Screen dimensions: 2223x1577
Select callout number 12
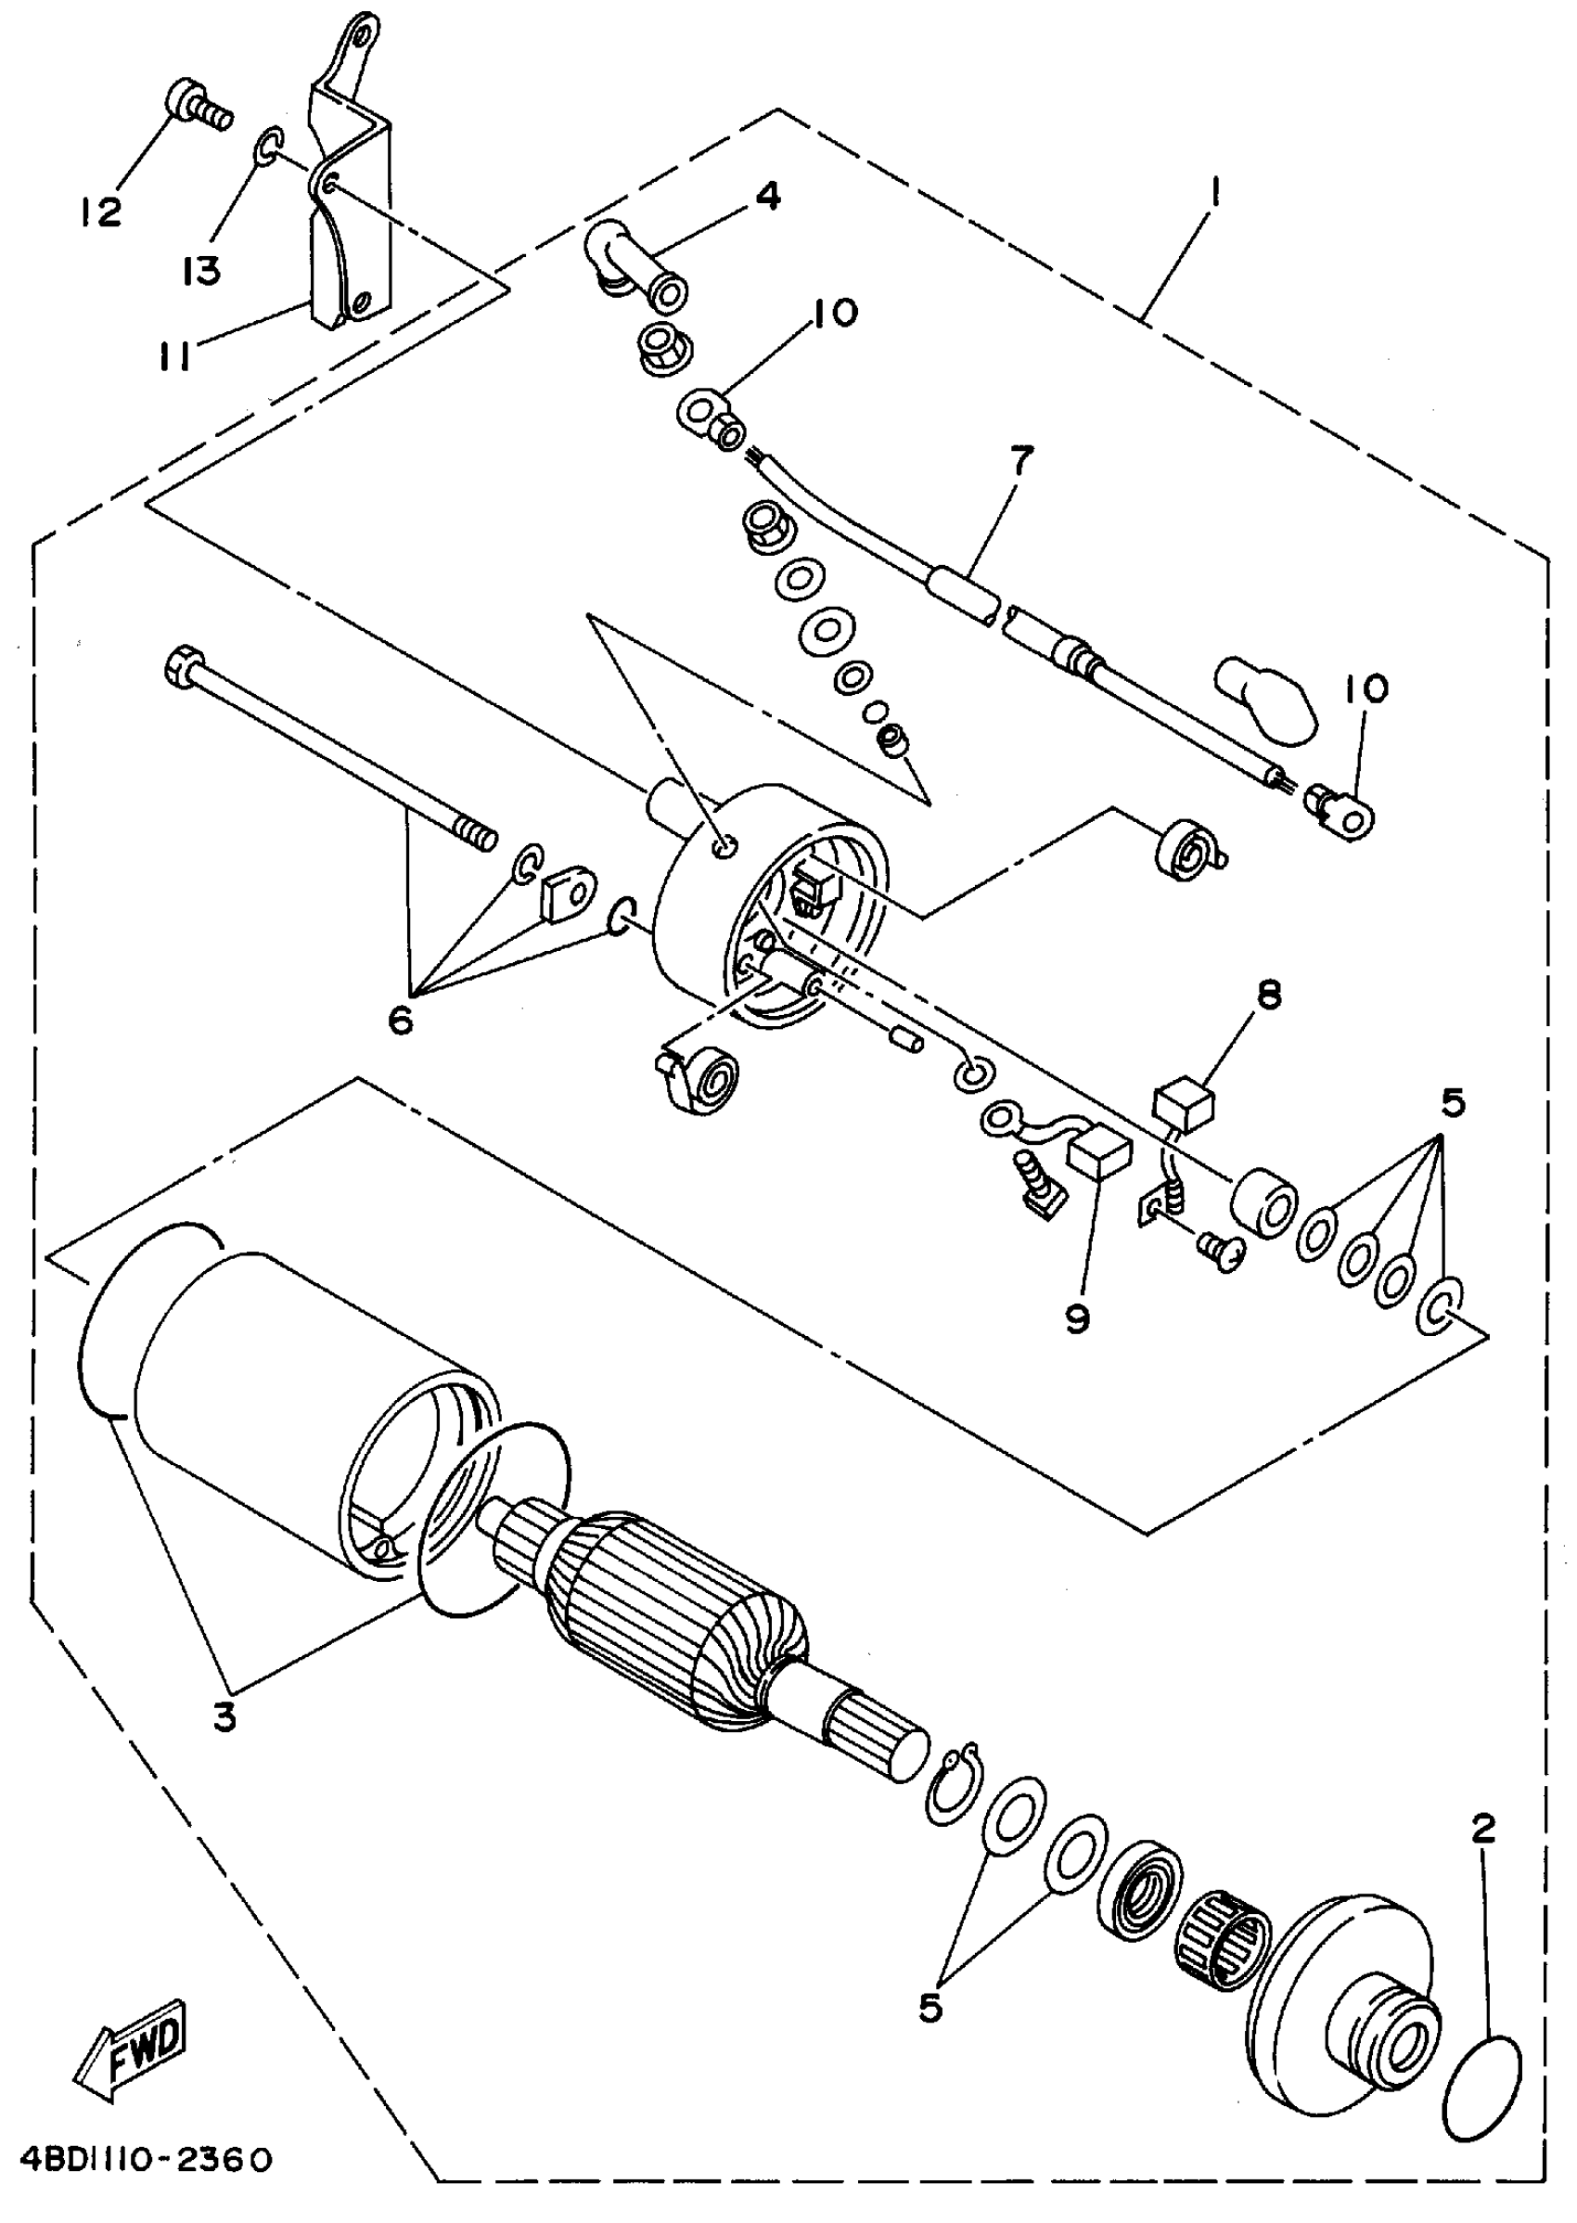coord(100,211)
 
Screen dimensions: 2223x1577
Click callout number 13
coord(201,269)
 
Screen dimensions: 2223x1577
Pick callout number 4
coord(766,196)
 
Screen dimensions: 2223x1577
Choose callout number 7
coord(1020,460)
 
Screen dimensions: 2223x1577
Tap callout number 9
coord(1078,1317)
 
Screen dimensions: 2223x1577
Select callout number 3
coord(224,1718)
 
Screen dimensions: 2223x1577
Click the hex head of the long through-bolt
coord(182,667)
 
